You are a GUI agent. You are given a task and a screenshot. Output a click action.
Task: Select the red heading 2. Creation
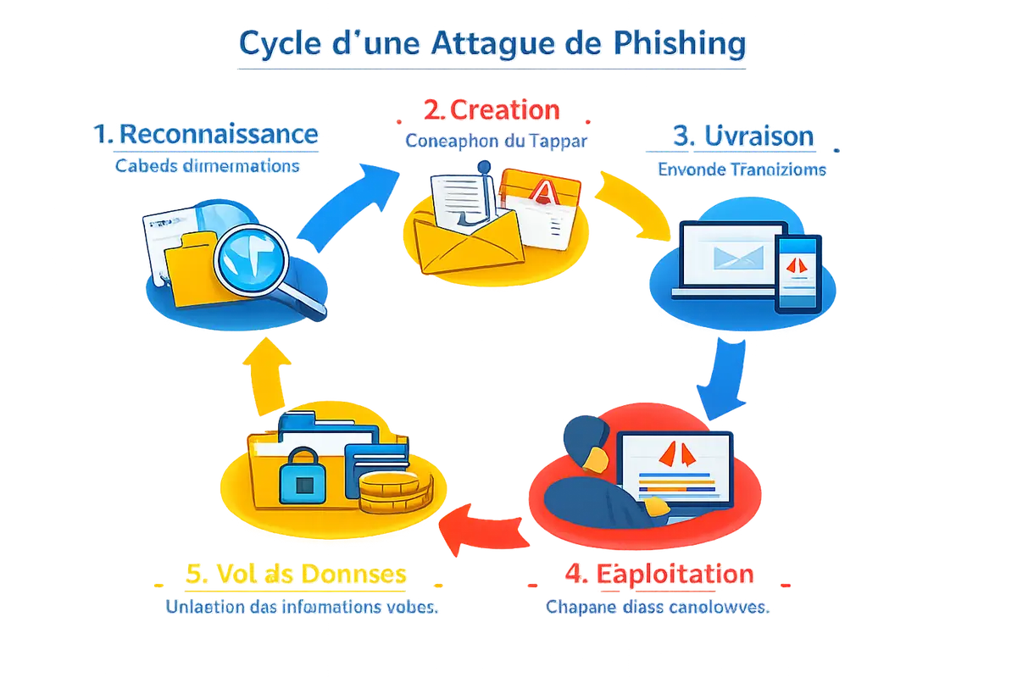click(x=491, y=110)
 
